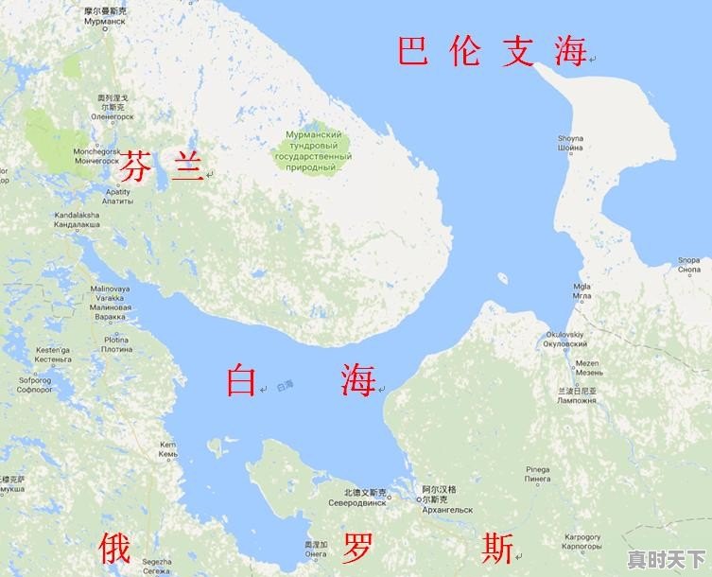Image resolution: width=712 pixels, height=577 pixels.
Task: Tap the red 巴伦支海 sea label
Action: pos(491,51)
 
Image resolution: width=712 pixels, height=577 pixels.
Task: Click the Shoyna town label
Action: pos(570,143)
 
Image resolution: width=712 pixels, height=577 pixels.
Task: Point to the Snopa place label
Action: pos(688,265)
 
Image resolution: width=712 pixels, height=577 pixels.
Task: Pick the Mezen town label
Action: pos(588,368)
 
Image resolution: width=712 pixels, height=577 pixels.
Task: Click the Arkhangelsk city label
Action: pos(446,504)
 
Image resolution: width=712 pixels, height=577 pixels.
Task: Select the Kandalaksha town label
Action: pos(78,219)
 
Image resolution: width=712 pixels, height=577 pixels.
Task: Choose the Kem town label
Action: pos(168,449)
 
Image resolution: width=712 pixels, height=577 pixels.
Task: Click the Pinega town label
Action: pos(537,474)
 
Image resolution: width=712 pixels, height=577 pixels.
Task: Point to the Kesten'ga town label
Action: pos(53,355)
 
